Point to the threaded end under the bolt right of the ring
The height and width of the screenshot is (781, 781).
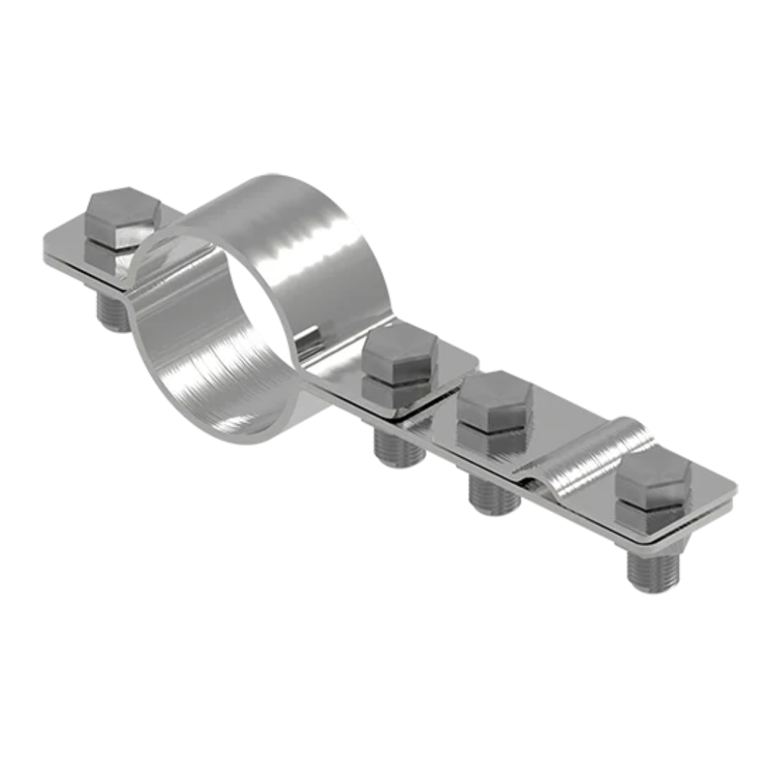coord(398,448)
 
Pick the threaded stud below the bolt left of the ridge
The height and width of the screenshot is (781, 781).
coord(493,495)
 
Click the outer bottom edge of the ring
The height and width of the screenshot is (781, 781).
coord(246,438)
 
